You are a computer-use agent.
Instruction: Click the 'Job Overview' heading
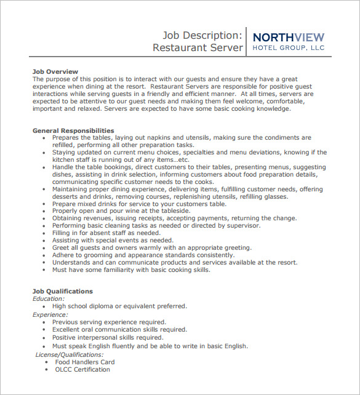(55, 71)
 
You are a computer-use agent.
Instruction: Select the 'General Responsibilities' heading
(73, 130)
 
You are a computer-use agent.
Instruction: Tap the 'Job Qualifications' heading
(62, 291)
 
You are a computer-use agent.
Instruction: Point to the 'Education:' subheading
(48, 298)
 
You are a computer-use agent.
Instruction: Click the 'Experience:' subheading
(50, 314)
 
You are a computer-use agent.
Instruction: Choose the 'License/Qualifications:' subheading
(69, 354)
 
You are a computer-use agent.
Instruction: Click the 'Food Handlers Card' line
(84, 362)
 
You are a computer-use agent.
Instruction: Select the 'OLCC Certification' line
(83, 370)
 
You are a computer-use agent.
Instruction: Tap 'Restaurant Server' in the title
(198, 48)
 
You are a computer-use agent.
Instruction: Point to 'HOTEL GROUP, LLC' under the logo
(288, 47)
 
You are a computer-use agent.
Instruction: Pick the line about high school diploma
(119, 306)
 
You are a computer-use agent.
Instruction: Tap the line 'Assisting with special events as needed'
(113, 240)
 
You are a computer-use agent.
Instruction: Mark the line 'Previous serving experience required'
(109, 322)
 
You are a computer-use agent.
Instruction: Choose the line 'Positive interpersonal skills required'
(108, 338)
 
